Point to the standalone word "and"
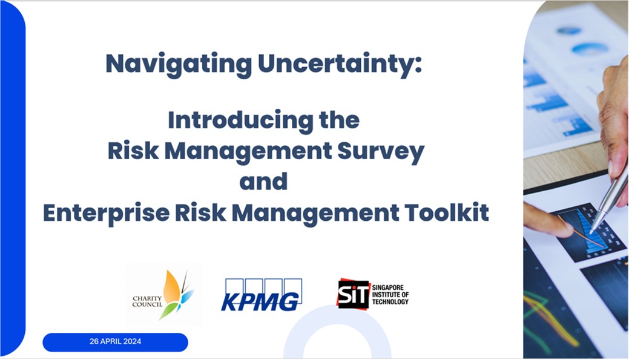(263, 182)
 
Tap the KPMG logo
(261, 295)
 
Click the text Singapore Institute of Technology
(390, 293)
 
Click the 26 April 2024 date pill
(115, 342)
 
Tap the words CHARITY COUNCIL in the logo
(147, 299)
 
